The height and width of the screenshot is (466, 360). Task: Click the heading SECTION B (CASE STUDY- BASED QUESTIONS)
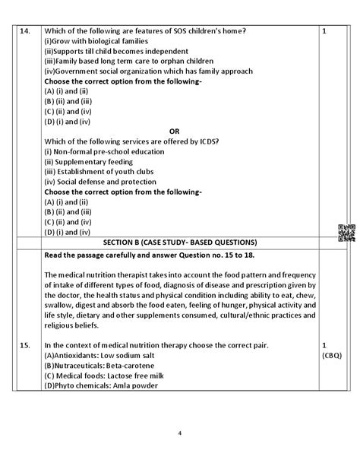point(180,241)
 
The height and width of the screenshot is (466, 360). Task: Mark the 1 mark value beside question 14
point(324,31)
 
